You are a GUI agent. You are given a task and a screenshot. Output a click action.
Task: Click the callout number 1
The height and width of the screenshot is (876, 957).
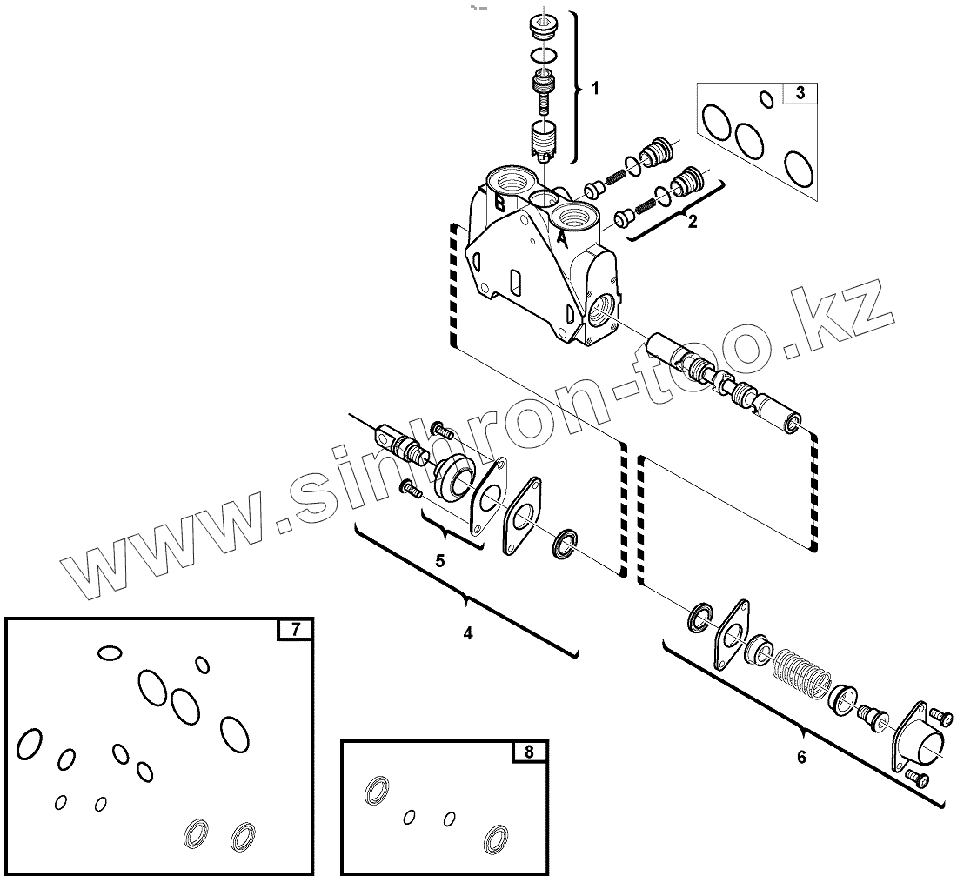(x=595, y=88)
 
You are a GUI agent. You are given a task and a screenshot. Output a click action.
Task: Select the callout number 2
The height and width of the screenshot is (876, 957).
(x=693, y=221)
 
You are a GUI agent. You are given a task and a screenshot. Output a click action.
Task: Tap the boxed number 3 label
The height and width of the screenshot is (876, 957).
(x=800, y=92)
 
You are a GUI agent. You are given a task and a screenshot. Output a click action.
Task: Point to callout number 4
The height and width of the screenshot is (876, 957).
(x=468, y=633)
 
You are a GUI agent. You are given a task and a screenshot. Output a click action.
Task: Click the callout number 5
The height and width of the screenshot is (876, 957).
(x=440, y=560)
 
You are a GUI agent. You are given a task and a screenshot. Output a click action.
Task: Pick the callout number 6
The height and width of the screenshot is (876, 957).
(x=801, y=757)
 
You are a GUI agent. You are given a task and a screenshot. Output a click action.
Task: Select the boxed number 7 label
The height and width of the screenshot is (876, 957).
(x=295, y=629)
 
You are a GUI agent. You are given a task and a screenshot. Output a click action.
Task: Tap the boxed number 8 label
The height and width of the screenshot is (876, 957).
(x=530, y=752)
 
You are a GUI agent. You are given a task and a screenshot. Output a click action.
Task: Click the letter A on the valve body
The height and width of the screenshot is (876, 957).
(x=562, y=236)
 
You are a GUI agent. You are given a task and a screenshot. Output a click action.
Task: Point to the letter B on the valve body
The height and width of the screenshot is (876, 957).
(x=500, y=204)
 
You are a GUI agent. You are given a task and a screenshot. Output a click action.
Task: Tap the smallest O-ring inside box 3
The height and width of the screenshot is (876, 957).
(x=766, y=99)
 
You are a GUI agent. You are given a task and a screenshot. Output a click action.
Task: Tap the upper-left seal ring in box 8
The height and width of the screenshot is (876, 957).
(x=376, y=790)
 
